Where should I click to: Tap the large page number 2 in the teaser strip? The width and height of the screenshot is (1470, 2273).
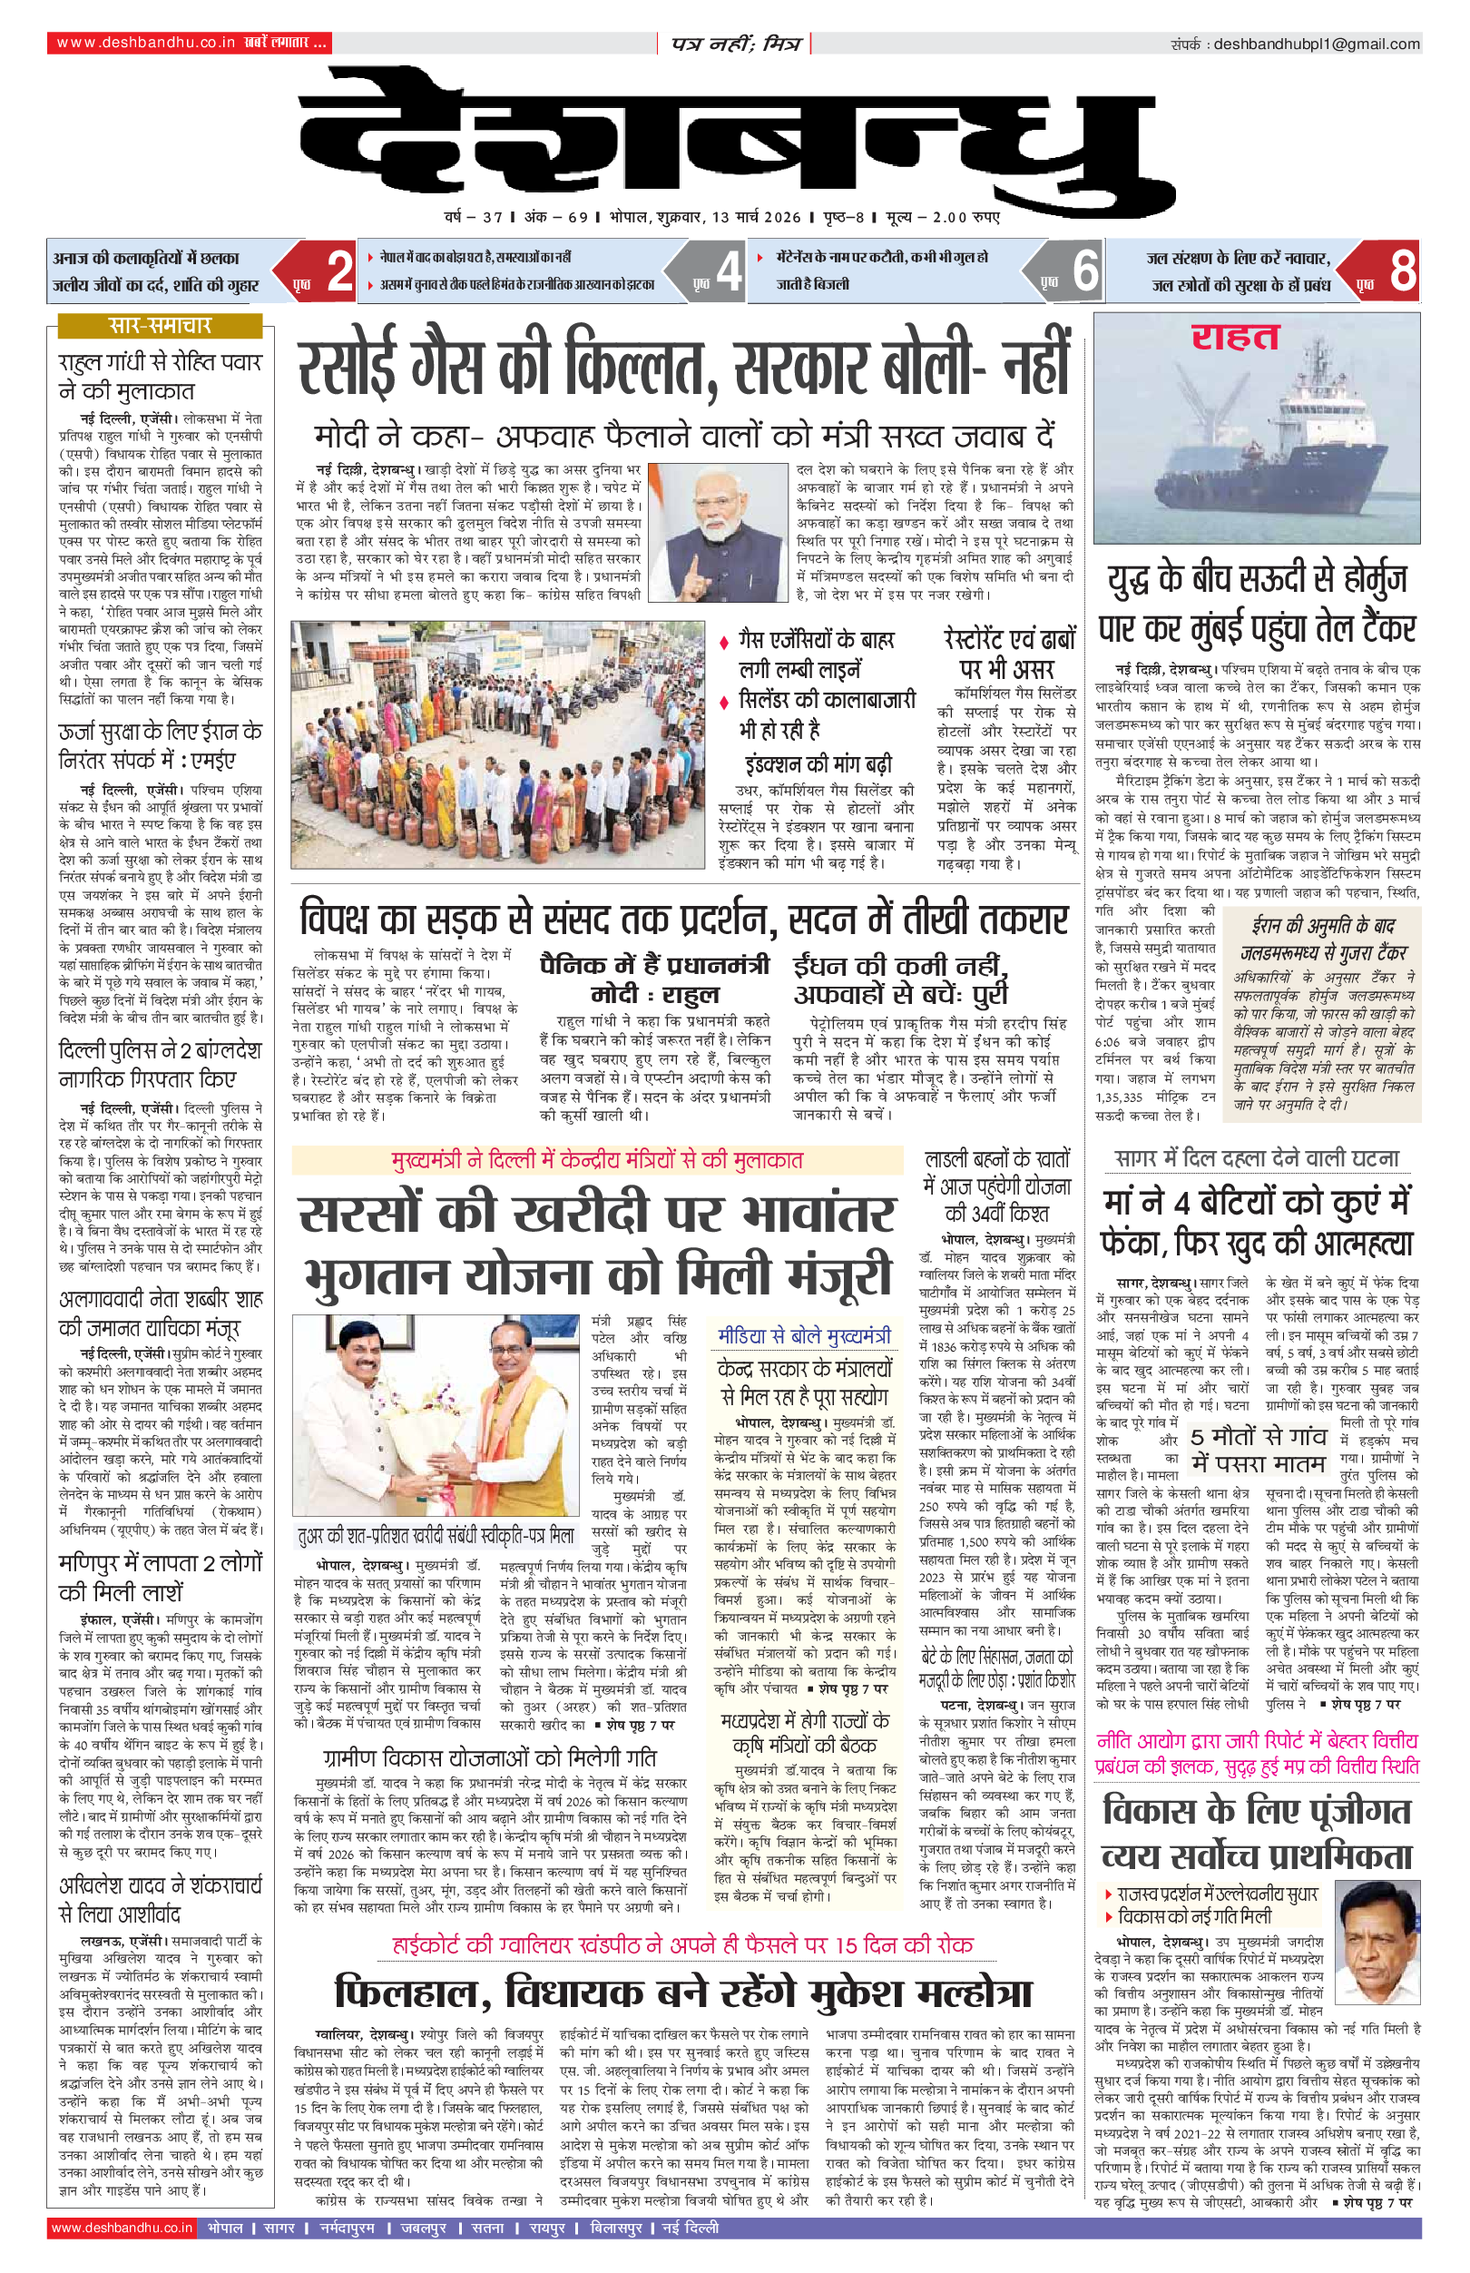click(339, 271)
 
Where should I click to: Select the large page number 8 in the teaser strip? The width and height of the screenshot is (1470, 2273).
click(1402, 271)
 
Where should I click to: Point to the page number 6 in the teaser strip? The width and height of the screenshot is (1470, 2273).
click(1085, 271)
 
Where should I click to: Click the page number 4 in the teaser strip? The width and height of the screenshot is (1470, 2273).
click(729, 271)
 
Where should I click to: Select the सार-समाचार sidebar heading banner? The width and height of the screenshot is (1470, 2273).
click(160, 326)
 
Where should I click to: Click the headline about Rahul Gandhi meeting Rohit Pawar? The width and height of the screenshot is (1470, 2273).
click(160, 376)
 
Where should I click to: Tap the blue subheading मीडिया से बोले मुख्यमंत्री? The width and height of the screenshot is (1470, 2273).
click(804, 1334)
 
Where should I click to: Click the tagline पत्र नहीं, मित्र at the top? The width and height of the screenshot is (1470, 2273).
click(734, 44)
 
